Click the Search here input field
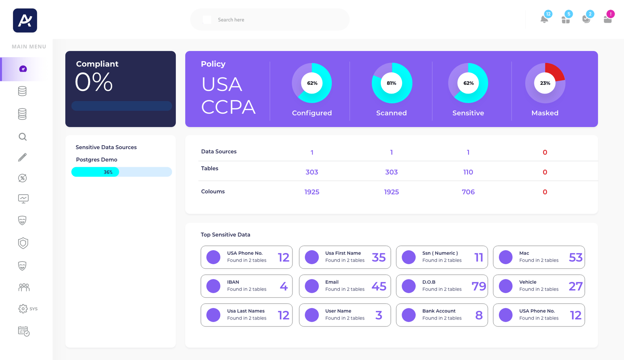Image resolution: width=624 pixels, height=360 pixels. coord(269,20)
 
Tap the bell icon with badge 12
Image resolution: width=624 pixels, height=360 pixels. coord(544,19)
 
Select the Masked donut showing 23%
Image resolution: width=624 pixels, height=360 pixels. coord(545,83)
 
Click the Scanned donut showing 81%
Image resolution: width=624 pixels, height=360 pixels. coord(391,83)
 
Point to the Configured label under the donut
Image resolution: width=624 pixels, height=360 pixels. coord(312,113)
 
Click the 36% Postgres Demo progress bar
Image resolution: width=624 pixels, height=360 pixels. coord(122,172)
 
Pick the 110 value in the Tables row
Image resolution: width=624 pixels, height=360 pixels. coord(468,172)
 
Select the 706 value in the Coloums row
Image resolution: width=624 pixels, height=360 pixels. coord(468,192)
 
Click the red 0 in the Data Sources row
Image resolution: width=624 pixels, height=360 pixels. coord(545,152)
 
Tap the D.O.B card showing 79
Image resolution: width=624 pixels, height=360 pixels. coord(442,286)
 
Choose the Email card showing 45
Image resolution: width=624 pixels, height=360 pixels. coord(345,286)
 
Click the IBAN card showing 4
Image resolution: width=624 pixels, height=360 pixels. coord(246,286)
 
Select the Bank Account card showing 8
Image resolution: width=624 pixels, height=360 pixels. coord(442,315)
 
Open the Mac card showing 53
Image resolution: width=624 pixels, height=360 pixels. coord(539,257)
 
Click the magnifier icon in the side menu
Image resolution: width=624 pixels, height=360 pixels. coord(23,137)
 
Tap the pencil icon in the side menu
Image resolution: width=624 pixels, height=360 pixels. coord(22,157)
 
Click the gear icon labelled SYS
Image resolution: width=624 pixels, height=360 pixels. coord(23,309)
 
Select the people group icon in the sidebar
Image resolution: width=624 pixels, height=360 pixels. coord(24,287)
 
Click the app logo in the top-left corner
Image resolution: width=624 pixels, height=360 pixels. coord(25,20)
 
